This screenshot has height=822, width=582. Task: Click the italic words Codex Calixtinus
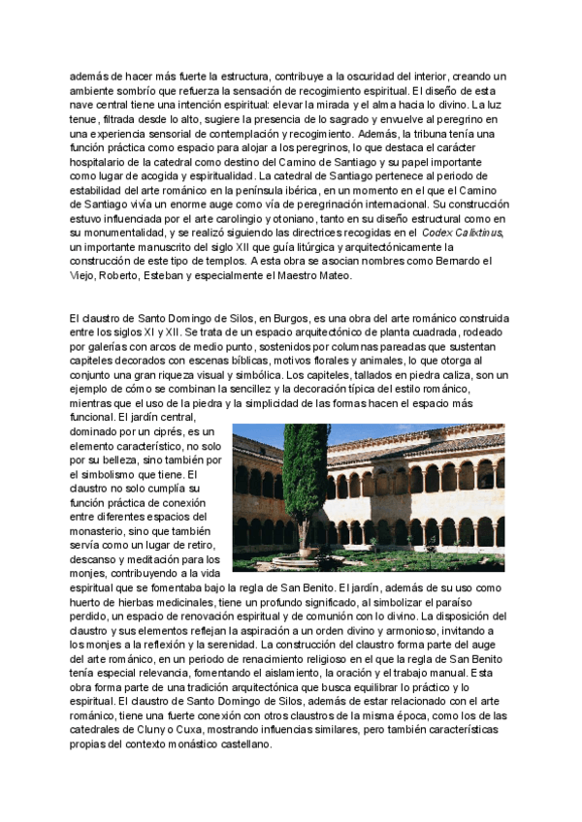463,234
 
